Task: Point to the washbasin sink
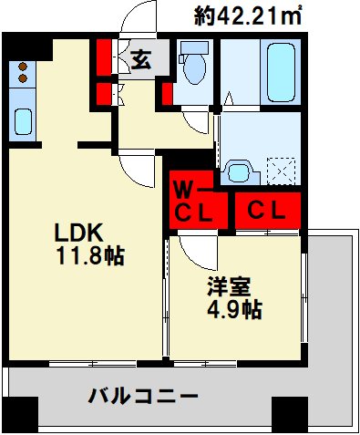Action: pos(241,170)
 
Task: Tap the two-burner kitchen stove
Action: pos(21,73)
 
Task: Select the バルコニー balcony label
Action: pos(143,397)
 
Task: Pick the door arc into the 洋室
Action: pos(193,248)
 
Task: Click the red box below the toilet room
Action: pos(168,92)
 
